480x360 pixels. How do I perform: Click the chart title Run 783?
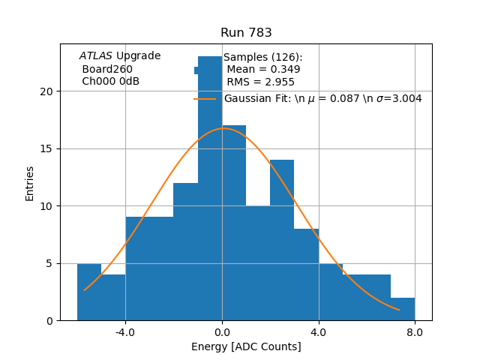coord(246,33)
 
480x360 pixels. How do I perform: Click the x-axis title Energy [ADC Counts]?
coord(246,346)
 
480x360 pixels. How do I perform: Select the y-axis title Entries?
coord(30,183)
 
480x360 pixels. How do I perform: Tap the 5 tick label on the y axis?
coord(49,263)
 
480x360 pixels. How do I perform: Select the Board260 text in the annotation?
coord(107,69)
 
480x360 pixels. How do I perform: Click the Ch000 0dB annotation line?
coord(110,81)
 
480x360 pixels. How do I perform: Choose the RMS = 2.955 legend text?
coord(260,82)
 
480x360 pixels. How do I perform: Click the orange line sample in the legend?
coord(205,99)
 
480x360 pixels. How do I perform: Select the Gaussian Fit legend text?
coord(322,99)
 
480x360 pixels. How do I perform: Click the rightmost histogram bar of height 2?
coord(403,309)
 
